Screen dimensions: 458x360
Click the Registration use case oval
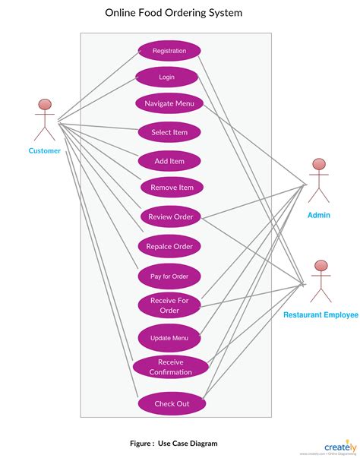(169, 51)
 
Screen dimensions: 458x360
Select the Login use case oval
(166, 77)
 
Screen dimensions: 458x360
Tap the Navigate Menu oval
(169, 103)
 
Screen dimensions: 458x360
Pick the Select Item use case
(169, 132)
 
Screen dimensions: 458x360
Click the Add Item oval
(169, 161)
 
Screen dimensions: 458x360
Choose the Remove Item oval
(172, 188)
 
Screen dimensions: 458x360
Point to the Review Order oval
(170, 217)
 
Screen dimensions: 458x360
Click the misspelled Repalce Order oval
(169, 246)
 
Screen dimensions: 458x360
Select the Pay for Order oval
(169, 276)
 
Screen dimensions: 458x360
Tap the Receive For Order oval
(169, 305)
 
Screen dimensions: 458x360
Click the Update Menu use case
(169, 338)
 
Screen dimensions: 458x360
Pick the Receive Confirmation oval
(170, 367)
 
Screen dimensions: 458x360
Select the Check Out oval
(172, 403)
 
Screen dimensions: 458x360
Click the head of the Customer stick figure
(45, 105)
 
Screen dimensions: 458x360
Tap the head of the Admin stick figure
(319, 165)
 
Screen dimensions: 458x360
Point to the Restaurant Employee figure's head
(321, 266)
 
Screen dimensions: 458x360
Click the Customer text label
(45, 150)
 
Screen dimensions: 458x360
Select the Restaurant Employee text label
(321, 314)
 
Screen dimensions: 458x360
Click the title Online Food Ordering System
(175, 13)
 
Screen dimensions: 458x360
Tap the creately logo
(341, 447)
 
